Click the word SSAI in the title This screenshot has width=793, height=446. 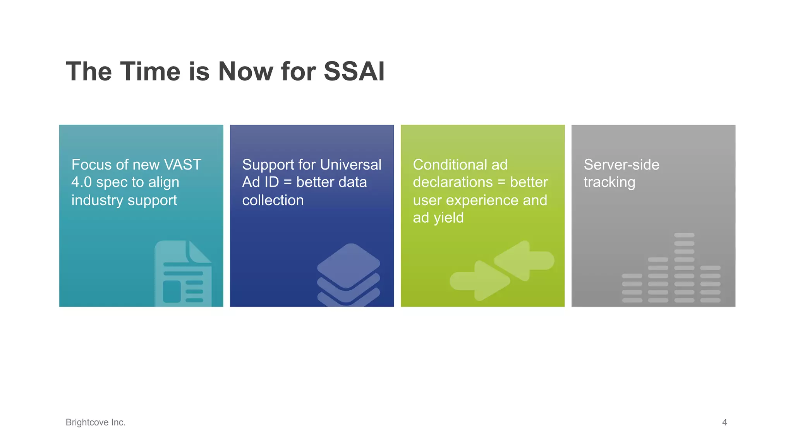(354, 72)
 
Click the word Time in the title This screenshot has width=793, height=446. (150, 72)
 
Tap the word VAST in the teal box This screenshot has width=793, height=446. (182, 165)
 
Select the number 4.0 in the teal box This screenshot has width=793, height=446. (81, 182)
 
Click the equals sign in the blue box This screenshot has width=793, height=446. (287, 182)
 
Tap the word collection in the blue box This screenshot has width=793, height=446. (273, 200)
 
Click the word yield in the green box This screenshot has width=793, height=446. (448, 218)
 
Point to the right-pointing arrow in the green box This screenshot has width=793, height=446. (479, 281)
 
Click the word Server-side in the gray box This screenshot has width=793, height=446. (621, 165)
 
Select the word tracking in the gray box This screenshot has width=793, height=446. (609, 182)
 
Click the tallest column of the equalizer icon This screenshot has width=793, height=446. (684, 268)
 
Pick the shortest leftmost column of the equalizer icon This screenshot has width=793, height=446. (632, 288)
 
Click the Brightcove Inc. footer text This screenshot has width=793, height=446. (96, 422)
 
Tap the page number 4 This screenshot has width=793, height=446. (724, 422)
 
